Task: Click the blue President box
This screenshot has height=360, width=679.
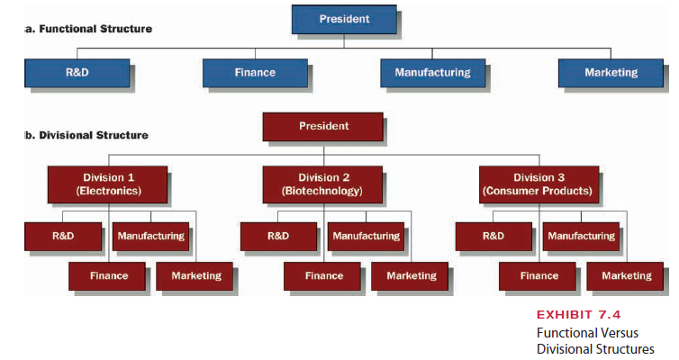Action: [344, 19]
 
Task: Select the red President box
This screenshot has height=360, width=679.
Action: [323, 126]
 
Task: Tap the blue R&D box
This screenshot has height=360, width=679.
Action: [77, 73]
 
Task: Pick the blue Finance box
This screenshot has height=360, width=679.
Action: [255, 73]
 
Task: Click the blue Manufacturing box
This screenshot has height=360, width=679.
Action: [432, 73]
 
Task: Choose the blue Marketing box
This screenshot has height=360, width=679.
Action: [611, 73]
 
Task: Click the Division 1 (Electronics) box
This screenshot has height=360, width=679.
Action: [109, 184]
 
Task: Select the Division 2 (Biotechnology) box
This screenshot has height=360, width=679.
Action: [322, 184]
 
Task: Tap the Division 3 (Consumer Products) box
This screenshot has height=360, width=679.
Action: [538, 184]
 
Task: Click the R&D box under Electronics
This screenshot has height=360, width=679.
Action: [62, 236]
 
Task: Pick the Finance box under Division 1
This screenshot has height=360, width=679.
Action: [109, 276]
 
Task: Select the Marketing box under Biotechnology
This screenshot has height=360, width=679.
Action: [411, 276]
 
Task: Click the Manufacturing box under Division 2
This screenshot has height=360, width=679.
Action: [366, 236]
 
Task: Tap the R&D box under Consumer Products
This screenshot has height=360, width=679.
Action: [493, 236]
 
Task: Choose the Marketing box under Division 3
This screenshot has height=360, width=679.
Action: [626, 276]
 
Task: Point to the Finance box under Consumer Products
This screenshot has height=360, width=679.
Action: [539, 276]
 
